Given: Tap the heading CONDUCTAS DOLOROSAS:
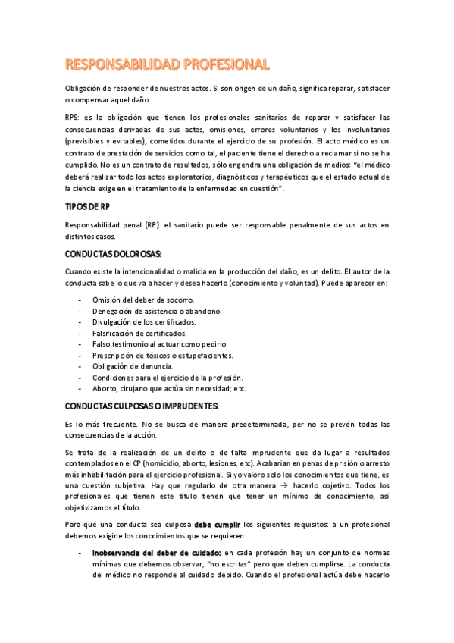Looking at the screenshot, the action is tap(113, 253).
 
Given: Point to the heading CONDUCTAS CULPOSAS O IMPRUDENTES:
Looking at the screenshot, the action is tap(142, 406).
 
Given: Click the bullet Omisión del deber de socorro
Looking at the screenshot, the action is tap(142, 300).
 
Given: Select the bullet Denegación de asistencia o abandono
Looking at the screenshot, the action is tap(157, 311).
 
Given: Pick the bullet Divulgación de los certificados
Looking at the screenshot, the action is tap(144, 322).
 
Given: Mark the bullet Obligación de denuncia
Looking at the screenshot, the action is tap(132, 366).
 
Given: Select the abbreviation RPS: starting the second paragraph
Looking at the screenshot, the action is tap(74, 118).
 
